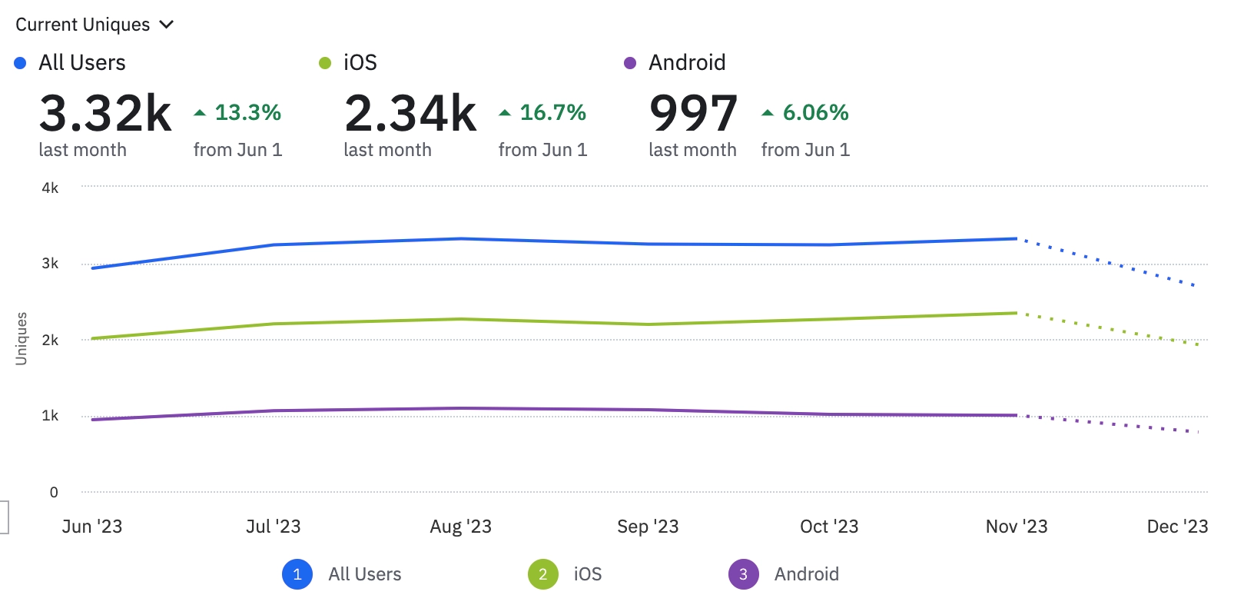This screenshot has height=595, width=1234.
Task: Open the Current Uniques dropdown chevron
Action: coord(166,25)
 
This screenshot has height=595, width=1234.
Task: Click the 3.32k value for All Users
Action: coord(105,113)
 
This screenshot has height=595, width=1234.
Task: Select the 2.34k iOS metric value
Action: coord(410,113)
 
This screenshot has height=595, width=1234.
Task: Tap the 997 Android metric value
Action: coord(693,113)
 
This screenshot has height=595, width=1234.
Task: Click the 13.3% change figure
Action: coord(247,112)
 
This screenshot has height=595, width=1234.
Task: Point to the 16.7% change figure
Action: coord(552,112)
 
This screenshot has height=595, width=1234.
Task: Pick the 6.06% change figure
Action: coord(815,112)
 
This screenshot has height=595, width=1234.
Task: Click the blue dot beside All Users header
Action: coord(21,63)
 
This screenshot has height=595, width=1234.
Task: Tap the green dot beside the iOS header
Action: coord(325,63)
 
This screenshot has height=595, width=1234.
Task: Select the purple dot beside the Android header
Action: coord(630,63)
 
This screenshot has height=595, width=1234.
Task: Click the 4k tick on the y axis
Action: coord(50,188)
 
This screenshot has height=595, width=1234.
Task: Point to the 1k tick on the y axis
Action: coord(50,416)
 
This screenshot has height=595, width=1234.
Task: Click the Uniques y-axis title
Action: coord(22,338)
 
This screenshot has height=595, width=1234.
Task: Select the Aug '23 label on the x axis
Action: coord(460,527)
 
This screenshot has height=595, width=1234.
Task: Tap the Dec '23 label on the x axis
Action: coord(1177,527)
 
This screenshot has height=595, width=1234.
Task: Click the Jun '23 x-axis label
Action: coord(92,527)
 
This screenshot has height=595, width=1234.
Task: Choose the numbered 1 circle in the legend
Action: coord(297,574)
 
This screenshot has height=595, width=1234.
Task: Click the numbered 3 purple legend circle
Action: coord(743,574)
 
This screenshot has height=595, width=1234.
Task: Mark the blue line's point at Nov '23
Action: coord(1017,239)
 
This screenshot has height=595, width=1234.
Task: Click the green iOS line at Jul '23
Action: coord(274,324)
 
